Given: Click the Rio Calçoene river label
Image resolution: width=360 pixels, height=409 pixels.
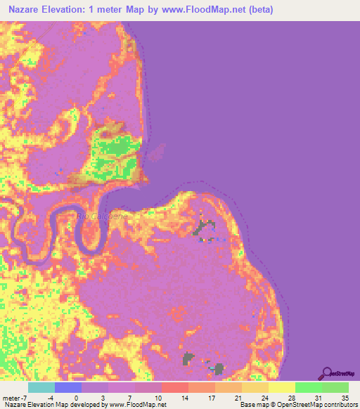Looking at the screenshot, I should click(x=103, y=216).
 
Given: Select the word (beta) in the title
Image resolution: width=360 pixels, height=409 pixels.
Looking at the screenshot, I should click(x=257, y=10).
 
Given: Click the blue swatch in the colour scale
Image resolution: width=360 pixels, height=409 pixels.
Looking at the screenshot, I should click(x=68, y=387).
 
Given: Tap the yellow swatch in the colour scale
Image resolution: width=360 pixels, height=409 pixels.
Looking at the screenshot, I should click(x=281, y=387).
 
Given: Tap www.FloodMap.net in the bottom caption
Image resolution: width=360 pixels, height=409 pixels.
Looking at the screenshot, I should click(x=136, y=405).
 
